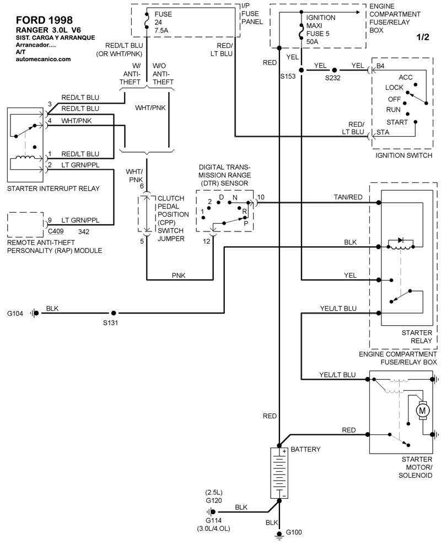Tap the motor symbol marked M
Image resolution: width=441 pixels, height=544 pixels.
(x=423, y=410)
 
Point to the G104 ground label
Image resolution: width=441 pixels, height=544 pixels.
(x=15, y=313)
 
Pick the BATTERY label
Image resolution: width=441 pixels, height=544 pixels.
(x=305, y=449)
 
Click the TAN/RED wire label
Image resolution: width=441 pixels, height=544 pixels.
(x=348, y=197)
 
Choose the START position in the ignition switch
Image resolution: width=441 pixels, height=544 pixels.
(x=397, y=122)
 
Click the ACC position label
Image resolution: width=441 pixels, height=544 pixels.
(x=406, y=77)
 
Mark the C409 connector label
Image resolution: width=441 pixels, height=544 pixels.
(x=55, y=232)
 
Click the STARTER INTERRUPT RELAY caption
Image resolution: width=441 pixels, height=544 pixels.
(x=53, y=188)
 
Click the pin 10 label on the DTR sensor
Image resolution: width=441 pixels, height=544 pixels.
(x=261, y=197)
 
